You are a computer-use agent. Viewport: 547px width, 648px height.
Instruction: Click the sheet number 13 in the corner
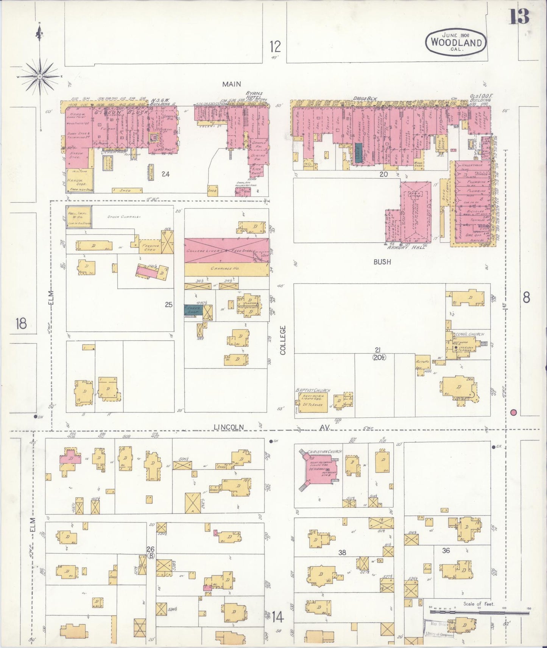(519, 17)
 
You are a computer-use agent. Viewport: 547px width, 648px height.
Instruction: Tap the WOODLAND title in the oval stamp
(456, 42)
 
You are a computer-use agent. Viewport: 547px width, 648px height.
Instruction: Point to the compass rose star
(39, 76)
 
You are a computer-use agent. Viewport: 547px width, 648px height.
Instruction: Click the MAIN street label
(231, 84)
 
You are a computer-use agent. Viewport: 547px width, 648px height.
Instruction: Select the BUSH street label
(382, 262)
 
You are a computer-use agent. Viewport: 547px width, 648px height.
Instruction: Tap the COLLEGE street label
(282, 340)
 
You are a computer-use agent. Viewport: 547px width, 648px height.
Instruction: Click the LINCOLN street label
(229, 427)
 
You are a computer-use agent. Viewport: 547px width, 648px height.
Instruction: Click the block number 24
(165, 174)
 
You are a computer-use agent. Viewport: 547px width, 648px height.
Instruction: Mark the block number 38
(342, 552)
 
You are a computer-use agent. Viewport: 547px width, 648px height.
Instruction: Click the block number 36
(446, 550)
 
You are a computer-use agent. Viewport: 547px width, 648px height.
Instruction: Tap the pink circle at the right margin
(514, 412)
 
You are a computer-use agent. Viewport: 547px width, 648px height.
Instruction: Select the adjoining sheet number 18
(21, 324)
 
